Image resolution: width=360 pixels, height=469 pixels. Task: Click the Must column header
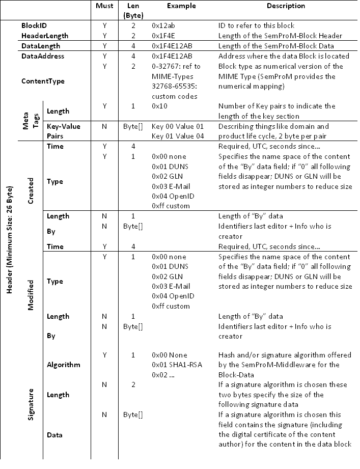tap(104, 6)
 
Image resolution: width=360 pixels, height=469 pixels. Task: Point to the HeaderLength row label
tap(45, 36)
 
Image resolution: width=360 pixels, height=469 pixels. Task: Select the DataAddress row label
tap(43, 57)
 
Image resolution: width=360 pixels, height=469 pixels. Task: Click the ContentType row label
tap(43, 81)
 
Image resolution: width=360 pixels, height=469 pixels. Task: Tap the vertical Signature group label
tap(31, 404)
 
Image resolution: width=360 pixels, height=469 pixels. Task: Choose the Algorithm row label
tap(62, 365)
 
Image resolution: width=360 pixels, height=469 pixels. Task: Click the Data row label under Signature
tap(54, 435)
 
